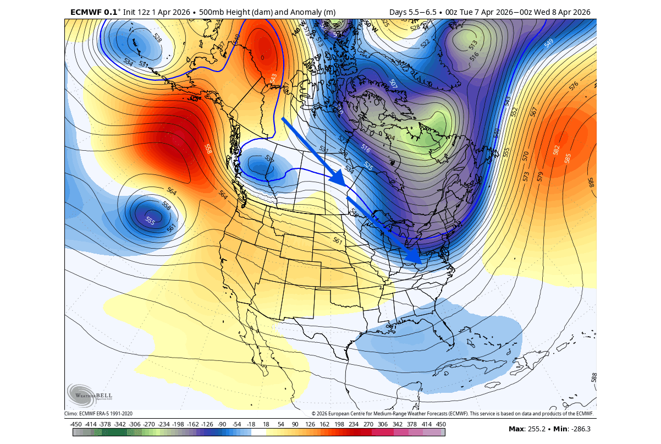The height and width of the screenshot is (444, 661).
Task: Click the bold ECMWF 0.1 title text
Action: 91,12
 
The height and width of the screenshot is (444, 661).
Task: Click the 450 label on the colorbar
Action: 440,424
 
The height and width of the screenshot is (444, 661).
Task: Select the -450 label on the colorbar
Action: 76,424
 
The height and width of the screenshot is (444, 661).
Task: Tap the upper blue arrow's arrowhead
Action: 337,179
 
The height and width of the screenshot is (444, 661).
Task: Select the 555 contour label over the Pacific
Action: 150,221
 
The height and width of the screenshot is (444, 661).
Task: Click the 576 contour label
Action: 574,86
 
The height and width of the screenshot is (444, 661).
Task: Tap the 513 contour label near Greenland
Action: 473,45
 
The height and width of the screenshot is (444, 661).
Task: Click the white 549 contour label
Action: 549,42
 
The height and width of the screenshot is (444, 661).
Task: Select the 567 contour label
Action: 533,111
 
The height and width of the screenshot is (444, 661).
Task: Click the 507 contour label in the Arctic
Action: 393,84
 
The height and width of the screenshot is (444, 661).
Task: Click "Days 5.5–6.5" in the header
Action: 413,12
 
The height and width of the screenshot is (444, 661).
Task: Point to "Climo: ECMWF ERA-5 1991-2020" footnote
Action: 98,414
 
